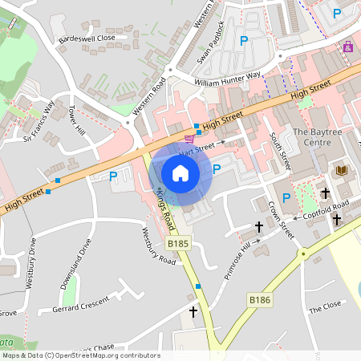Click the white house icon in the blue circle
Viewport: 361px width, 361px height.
pyautogui.click(x=180, y=172)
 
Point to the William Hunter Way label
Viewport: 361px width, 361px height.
pyautogui.click(x=228, y=79)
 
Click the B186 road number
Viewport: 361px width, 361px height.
pyautogui.click(x=259, y=299)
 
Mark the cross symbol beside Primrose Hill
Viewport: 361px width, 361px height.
pyautogui.click(x=258, y=227)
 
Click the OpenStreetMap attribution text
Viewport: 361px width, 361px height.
pyautogui.click(x=80, y=355)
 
